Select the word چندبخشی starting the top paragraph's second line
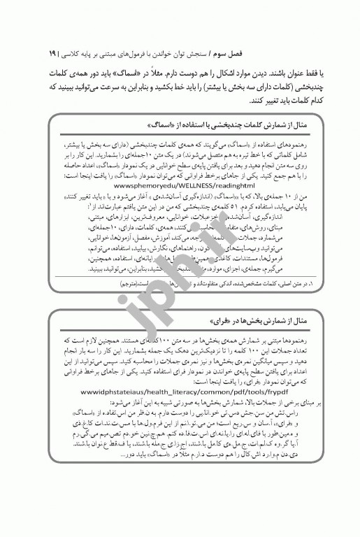302,88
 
